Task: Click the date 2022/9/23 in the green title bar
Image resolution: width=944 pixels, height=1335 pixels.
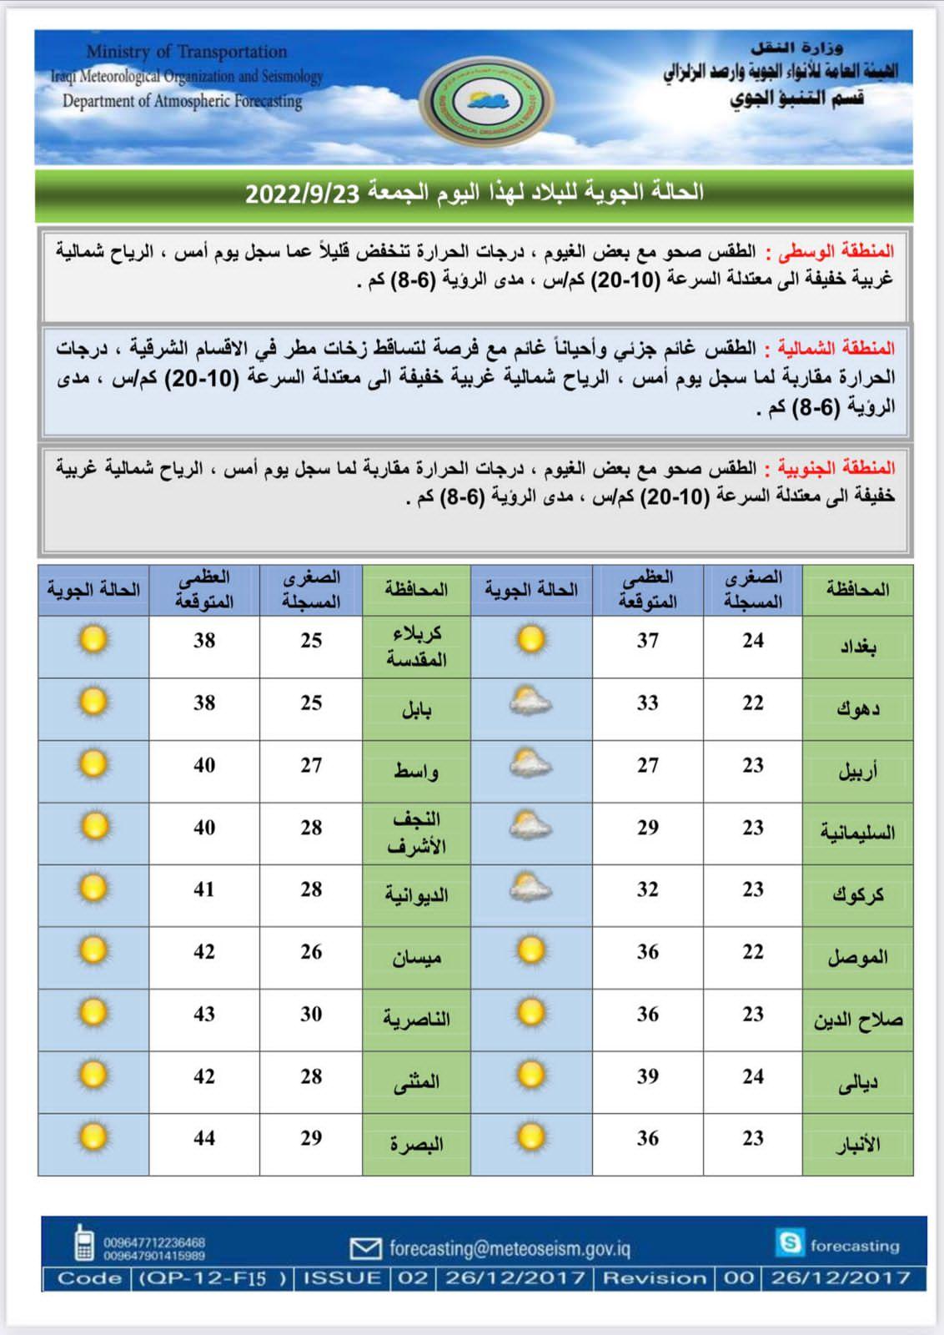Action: coord(302,194)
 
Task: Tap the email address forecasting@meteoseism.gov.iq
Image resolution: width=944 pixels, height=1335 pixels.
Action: coord(510,1248)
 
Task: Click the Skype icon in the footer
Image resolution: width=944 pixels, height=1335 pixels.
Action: coord(788,1242)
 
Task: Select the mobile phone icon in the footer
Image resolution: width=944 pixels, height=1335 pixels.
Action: coord(83,1242)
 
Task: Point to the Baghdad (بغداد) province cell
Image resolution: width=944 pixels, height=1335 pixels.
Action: coord(857,646)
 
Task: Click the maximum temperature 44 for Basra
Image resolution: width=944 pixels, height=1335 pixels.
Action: coord(204,1138)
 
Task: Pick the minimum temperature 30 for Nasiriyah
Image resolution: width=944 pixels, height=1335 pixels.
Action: coord(311,1014)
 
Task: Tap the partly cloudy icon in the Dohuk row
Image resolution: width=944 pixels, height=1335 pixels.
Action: coord(530,703)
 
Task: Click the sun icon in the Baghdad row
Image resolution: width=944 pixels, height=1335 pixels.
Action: coord(530,640)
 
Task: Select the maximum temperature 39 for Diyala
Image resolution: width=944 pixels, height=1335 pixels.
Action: coord(648,1076)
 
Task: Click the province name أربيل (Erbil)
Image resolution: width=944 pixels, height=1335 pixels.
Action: coord(857,771)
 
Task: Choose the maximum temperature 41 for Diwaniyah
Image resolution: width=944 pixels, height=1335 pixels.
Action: coord(204,889)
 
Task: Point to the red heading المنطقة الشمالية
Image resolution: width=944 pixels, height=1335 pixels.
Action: coord(836,348)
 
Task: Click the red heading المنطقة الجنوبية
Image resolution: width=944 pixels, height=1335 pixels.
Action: coord(837,468)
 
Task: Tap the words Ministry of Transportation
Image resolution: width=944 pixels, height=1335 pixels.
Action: coord(186,52)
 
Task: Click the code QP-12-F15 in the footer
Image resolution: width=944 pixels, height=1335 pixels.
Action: coord(213,1278)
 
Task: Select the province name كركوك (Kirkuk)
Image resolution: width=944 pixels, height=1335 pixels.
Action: coord(857,895)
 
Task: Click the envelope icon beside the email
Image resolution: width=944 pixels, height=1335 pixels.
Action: coord(365,1248)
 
